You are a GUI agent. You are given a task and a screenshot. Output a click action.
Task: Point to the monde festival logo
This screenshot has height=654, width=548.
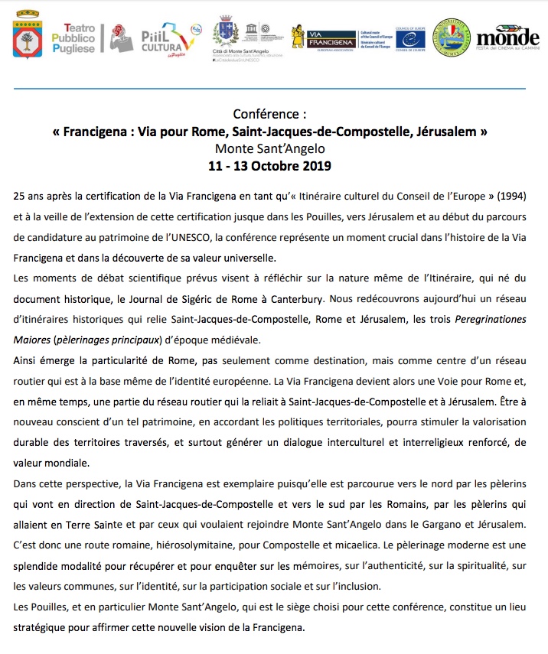pos(507,37)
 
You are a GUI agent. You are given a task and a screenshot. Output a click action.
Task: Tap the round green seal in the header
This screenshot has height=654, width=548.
pos(452,37)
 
